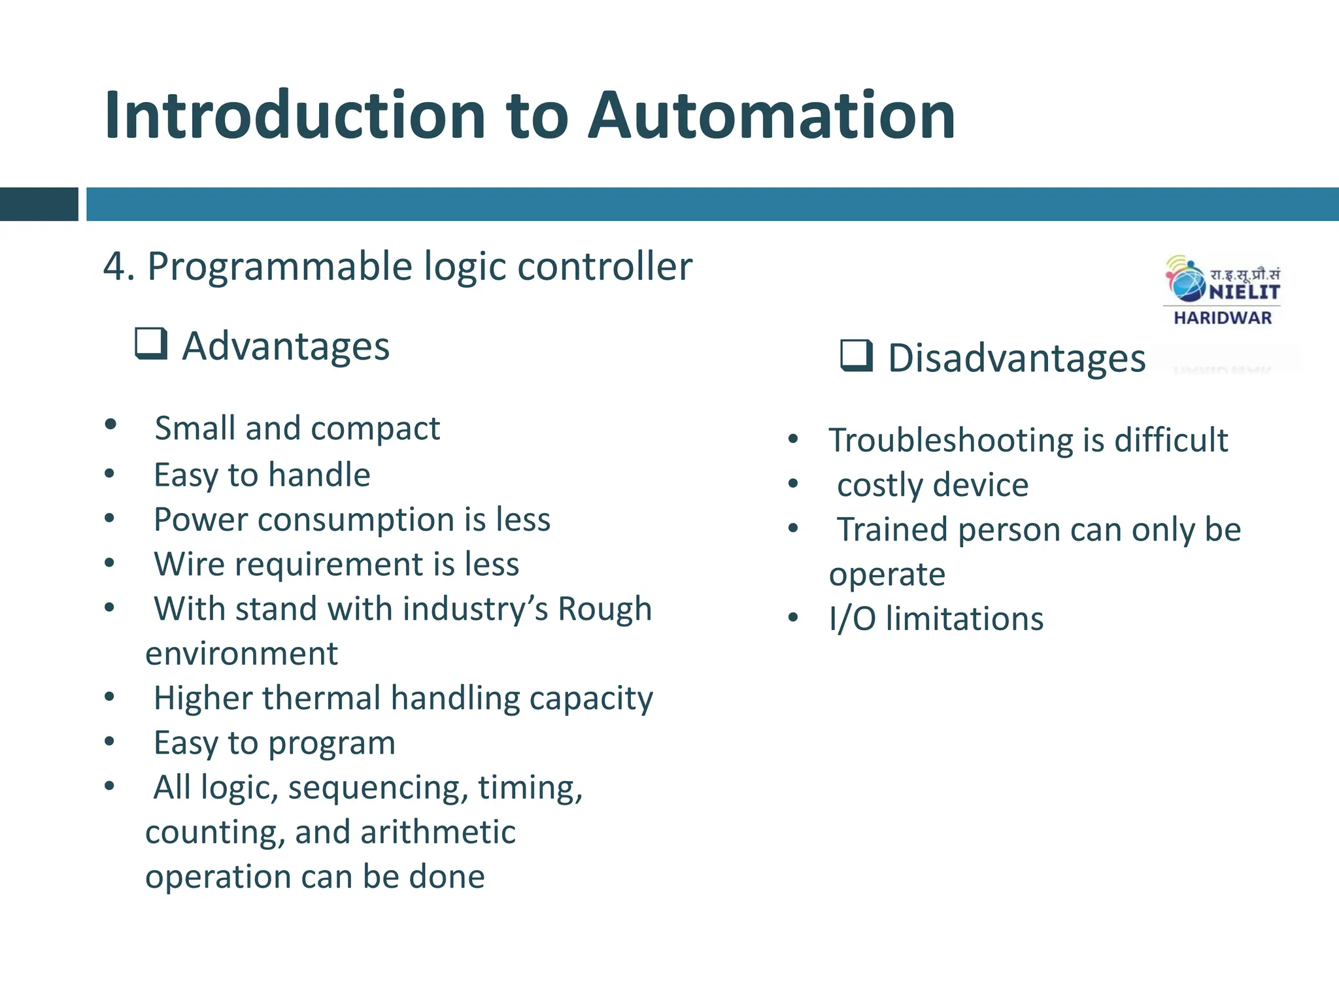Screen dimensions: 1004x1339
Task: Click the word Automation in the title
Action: (771, 116)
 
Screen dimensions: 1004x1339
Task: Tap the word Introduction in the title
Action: (294, 116)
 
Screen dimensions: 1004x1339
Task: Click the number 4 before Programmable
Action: (114, 267)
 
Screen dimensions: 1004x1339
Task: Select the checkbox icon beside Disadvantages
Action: (856, 356)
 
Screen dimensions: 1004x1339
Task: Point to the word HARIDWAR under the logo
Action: (1223, 318)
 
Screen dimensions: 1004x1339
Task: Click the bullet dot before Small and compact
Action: (110, 425)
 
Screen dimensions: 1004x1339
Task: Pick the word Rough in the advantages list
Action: (604, 609)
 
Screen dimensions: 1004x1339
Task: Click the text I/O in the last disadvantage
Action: (852, 619)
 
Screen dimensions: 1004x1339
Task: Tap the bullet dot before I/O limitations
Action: (793, 618)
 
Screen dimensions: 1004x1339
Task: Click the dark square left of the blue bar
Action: (39, 204)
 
